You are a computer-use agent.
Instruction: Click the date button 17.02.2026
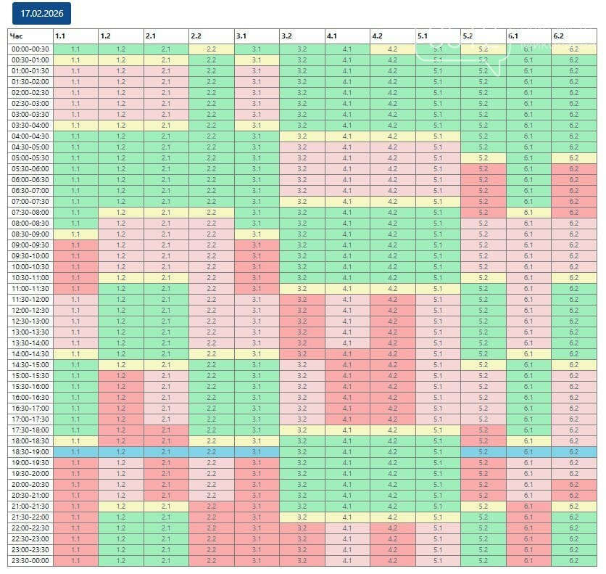click(41, 14)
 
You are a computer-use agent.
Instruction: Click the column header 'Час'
click(30, 36)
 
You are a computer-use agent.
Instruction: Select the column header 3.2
click(302, 36)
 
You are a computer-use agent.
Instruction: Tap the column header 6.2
click(573, 36)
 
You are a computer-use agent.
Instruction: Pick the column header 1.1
click(75, 36)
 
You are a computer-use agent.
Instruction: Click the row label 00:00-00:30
click(30, 49)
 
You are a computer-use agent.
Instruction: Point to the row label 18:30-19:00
click(30, 451)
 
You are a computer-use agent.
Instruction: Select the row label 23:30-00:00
click(30, 560)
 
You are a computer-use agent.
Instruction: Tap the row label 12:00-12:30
click(30, 310)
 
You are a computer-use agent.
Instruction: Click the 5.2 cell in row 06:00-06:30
click(483, 179)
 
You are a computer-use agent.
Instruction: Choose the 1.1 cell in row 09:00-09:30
click(75, 245)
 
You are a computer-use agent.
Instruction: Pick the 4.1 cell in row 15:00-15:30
click(347, 375)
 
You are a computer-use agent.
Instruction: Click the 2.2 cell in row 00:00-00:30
click(211, 49)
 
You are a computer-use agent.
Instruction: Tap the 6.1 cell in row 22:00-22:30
click(528, 528)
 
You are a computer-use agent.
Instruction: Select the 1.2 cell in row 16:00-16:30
click(120, 397)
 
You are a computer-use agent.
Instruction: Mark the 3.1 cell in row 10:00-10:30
click(257, 266)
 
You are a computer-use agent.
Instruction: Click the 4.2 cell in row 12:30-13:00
click(392, 321)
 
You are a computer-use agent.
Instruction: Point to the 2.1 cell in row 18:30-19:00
click(166, 451)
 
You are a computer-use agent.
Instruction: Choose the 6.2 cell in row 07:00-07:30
click(573, 201)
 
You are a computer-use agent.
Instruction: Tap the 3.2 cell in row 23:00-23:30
click(302, 549)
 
